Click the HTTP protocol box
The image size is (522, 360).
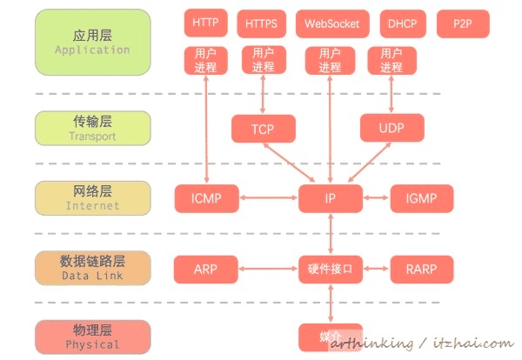(x=205, y=23)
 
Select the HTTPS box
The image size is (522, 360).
(x=262, y=23)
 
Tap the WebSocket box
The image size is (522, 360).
(x=331, y=23)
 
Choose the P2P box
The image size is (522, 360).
(x=461, y=23)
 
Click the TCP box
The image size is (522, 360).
(x=263, y=129)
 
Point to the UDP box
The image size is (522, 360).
(x=391, y=129)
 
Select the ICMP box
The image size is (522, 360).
(x=205, y=199)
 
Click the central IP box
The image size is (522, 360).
(x=331, y=199)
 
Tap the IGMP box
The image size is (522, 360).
(x=422, y=199)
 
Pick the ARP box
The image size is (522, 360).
(x=205, y=269)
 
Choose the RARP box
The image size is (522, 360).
(x=422, y=269)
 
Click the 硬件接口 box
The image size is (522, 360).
(x=331, y=269)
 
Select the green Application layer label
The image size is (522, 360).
(x=92, y=43)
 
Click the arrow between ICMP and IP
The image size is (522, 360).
(x=267, y=199)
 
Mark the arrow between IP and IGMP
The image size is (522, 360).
(x=377, y=199)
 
